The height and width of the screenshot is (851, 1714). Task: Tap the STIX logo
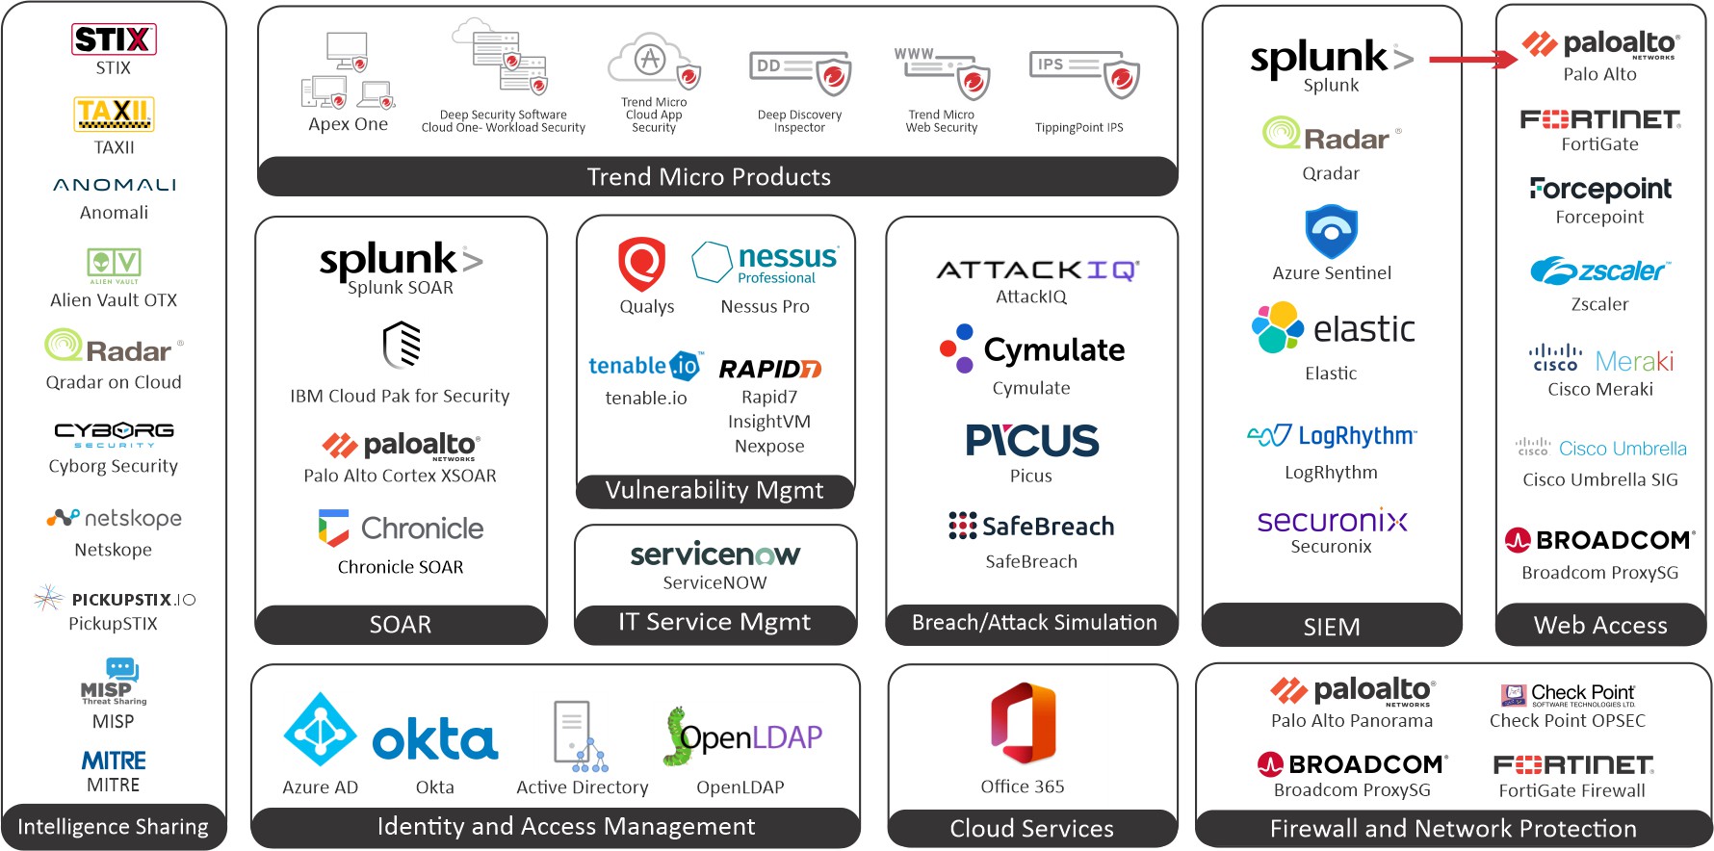click(x=114, y=39)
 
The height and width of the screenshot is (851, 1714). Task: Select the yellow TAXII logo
click(x=114, y=114)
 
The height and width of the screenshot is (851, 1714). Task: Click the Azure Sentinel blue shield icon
click(x=1331, y=231)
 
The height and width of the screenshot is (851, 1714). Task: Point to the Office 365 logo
click(x=1023, y=724)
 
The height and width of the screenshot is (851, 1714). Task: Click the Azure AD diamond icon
click(x=321, y=730)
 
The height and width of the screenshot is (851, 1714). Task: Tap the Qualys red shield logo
click(x=642, y=263)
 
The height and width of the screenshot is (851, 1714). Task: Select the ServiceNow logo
click(x=714, y=554)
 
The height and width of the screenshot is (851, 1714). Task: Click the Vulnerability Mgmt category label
click(x=714, y=491)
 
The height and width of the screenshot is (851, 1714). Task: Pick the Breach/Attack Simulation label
click(x=1033, y=623)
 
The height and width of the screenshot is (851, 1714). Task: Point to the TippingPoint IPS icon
click(x=1084, y=74)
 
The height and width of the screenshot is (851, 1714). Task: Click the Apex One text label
click(x=348, y=124)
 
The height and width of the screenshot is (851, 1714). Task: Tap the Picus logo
click(x=1031, y=441)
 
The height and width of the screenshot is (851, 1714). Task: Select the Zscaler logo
click(x=1599, y=271)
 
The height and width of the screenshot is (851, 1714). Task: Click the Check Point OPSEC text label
click(x=1567, y=721)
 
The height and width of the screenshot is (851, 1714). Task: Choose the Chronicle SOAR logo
click(x=401, y=529)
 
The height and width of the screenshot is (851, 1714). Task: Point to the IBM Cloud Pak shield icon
click(x=402, y=346)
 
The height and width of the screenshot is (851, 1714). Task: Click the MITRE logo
click(x=114, y=761)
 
